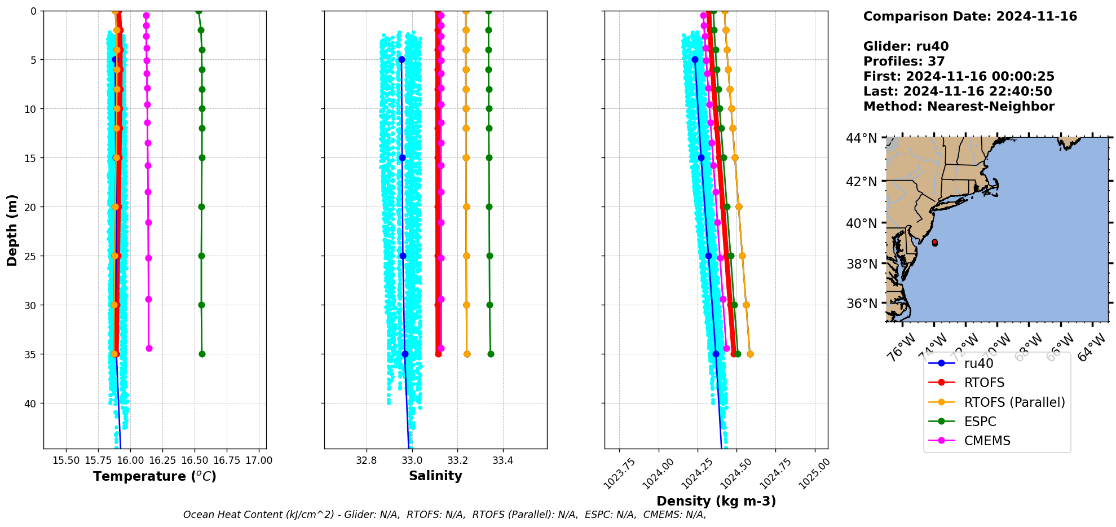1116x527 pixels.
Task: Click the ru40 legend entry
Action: click(x=978, y=363)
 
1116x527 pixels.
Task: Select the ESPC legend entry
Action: click(x=980, y=421)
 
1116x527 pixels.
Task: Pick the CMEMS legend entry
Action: click(x=987, y=441)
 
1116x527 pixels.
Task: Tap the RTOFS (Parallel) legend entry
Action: click(x=1014, y=402)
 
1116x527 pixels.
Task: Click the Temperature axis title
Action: click(x=155, y=476)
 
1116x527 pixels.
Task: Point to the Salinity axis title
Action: click(x=435, y=476)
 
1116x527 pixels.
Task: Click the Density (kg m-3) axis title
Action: click(x=716, y=501)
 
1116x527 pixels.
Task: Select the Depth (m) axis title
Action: click(x=12, y=230)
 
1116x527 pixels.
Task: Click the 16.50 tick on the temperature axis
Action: click(x=194, y=460)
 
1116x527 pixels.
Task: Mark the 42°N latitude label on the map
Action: click(x=861, y=181)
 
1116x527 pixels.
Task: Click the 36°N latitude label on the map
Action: click(x=861, y=304)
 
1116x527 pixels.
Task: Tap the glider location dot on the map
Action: click(x=934, y=243)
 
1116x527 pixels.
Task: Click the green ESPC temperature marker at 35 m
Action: click(x=202, y=354)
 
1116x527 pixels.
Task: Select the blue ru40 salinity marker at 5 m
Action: click(x=402, y=59)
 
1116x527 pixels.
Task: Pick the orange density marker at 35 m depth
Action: click(x=750, y=354)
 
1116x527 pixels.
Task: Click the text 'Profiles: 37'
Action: click(x=903, y=62)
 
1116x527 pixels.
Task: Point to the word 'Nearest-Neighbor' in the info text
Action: click(x=990, y=107)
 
